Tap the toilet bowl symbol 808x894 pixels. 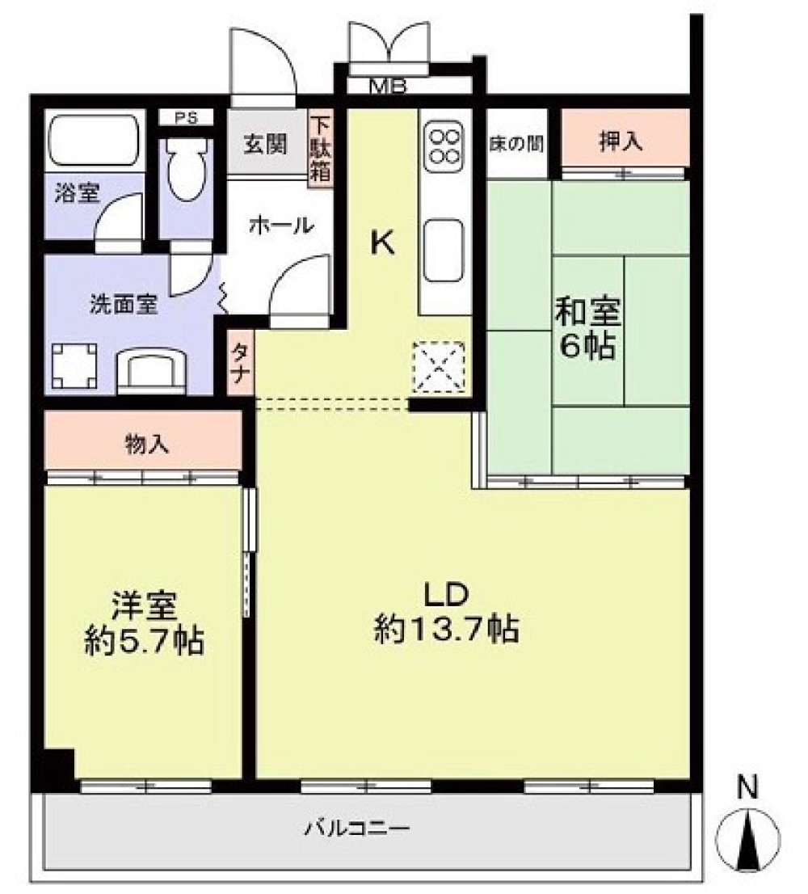click(x=187, y=169)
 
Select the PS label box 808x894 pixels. click(x=186, y=118)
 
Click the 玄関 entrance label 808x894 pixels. click(x=266, y=144)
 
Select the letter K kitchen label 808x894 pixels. click(x=383, y=243)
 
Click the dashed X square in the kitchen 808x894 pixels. click(x=439, y=367)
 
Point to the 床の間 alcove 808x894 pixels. click(x=516, y=144)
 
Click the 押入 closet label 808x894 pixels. click(x=621, y=141)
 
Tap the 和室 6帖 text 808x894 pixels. click(x=588, y=329)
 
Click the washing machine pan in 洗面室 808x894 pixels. click(x=74, y=365)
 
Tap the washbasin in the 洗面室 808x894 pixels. click(x=152, y=372)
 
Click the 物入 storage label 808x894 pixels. click(x=147, y=444)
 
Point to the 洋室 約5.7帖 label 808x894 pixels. click(x=144, y=624)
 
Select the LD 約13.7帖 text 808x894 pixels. click(x=446, y=613)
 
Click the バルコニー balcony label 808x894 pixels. click(x=356, y=827)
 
